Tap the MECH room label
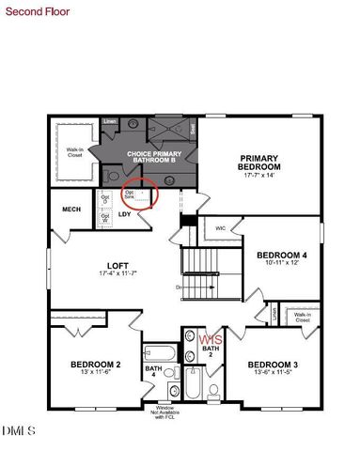coord(71,210)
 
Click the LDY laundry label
coord(125,214)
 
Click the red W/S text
coord(211,339)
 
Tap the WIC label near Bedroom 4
coord(220,228)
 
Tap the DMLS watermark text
coord(18,431)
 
